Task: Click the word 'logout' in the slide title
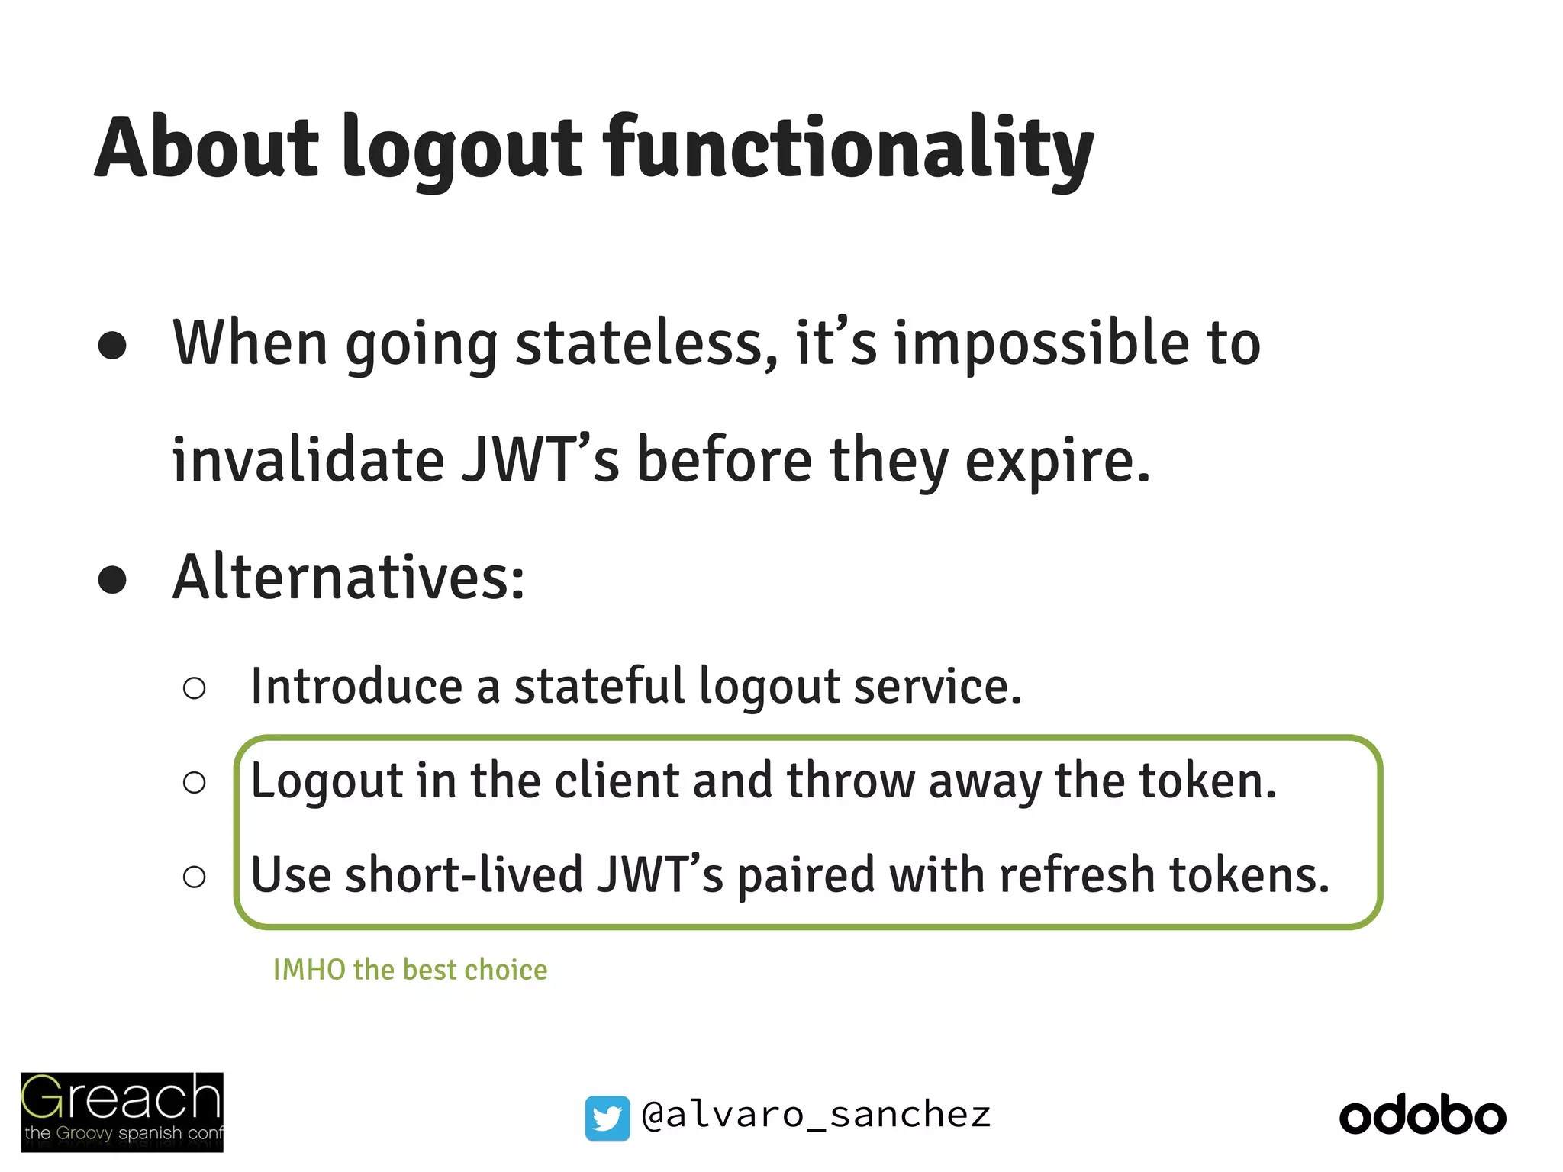(462, 149)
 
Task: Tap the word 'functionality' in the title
(848, 149)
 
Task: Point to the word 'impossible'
(1042, 345)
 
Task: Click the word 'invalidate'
(308, 461)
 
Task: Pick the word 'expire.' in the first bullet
(1057, 462)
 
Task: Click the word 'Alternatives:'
(349, 578)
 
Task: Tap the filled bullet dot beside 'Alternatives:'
(112, 580)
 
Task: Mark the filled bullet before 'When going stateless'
(112, 345)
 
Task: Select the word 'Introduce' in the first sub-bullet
(356, 686)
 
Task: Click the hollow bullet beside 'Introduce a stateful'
(195, 688)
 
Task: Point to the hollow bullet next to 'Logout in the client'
(195, 783)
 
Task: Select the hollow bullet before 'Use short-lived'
(195, 877)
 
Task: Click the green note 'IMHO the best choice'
(410, 970)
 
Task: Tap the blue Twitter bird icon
(607, 1118)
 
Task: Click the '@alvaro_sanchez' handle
(816, 1116)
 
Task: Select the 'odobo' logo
(1423, 1116)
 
